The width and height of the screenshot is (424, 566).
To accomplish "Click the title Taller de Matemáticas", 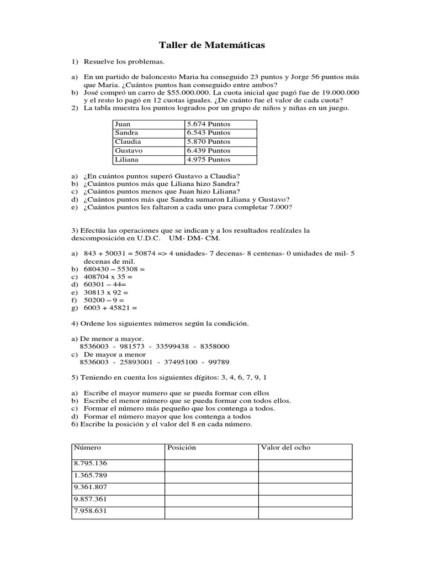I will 212,45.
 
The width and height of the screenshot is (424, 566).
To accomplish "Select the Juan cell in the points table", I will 148,124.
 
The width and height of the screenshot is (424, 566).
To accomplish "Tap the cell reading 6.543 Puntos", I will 220,133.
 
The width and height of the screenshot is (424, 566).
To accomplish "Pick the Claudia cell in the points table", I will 148,142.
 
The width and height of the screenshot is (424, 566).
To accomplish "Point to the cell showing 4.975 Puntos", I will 220,160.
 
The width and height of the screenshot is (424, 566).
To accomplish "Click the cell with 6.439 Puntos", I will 220,151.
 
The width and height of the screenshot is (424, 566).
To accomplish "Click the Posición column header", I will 182,448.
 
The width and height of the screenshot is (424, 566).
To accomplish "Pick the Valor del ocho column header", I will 285,448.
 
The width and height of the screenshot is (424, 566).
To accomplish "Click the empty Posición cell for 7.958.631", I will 211,512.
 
